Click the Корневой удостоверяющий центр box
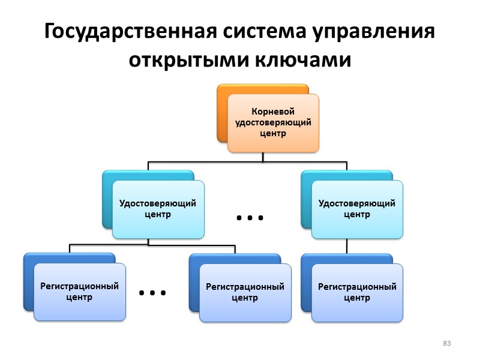[x=273, y=122]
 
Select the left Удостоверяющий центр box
[x=158, y=208]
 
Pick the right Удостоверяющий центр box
[x=356, y=208]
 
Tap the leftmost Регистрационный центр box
[x=79, y=292]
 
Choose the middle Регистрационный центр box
[x=245, y=292]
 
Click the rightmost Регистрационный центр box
[x=356, y=292]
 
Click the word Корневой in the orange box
[x=273, y=112]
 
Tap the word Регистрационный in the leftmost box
[x=79, y=286]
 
